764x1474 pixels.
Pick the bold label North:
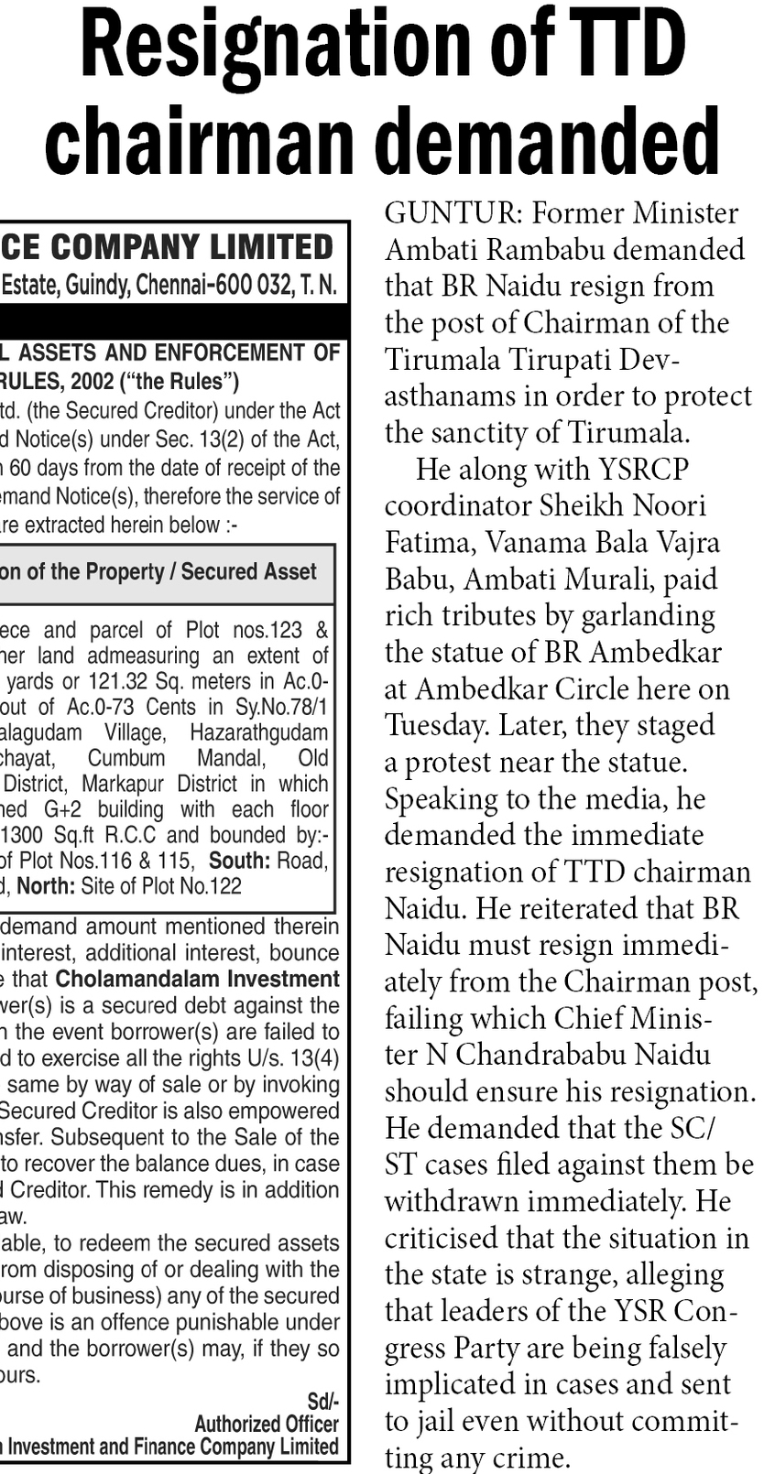[46, 886]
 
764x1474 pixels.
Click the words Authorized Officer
[266, 1425]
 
